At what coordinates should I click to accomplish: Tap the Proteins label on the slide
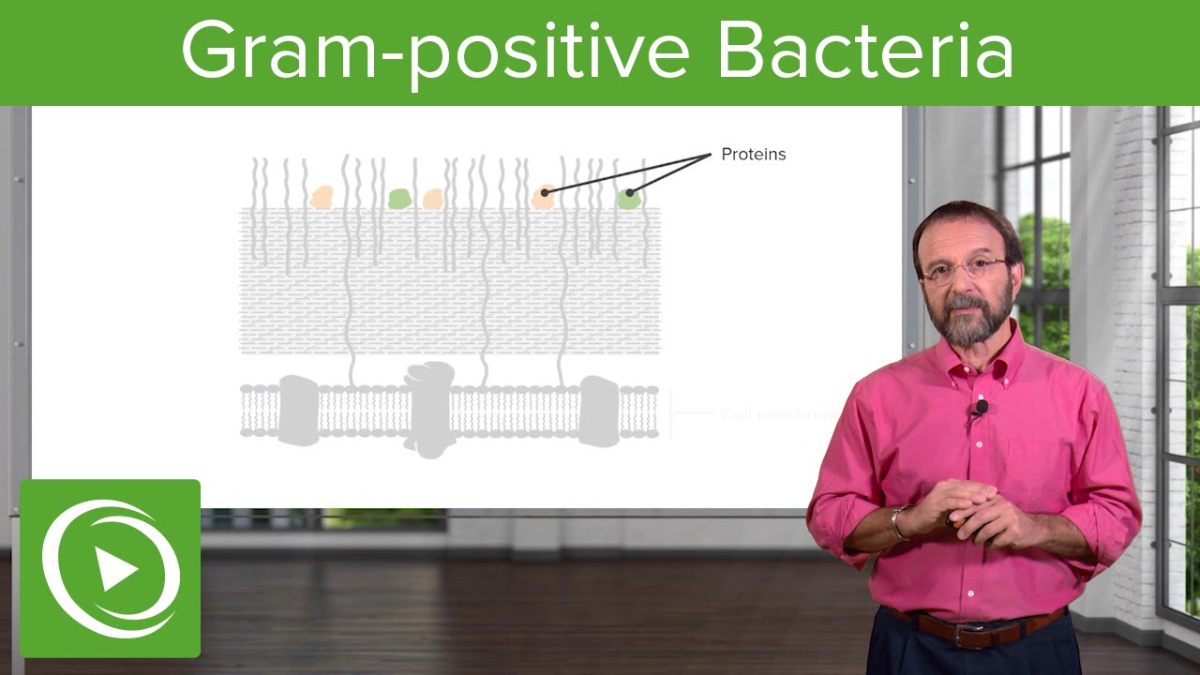tap(753, 155)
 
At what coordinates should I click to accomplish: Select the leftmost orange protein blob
tap(322, 196)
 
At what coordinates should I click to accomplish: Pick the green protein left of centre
tap(399, 198)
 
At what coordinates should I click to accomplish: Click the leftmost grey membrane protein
tap(295, 410)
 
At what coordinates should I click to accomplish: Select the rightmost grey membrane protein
tap(599, 410)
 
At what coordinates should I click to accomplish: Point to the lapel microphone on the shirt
tap(981, 408)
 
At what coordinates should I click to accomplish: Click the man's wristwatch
tap(900, 522)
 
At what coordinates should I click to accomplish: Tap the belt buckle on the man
tap(968, 635)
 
